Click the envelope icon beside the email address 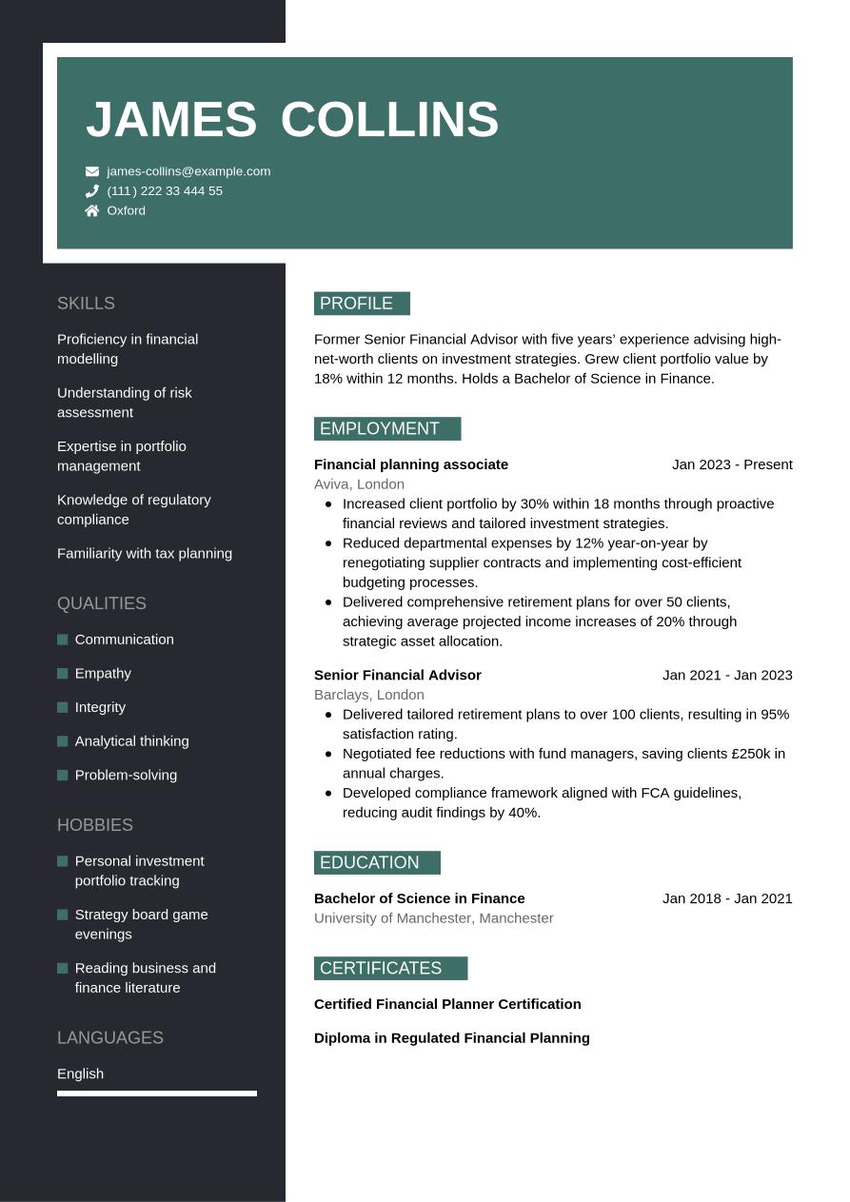click(x=92, y=171)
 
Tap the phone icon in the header click(x=92, y=191)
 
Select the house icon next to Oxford click(x=92, y=210)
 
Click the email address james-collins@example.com click(x=188, y=171)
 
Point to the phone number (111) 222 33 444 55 click(x=165, y=191)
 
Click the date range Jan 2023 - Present click(x=732, y=464)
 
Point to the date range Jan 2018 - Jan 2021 click(x=727, y=898)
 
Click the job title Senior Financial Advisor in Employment click(x=398, y=675)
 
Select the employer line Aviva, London click(x=359, y=484)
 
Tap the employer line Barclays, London click(x=369, y=695)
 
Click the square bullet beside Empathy click(x=63, y=674)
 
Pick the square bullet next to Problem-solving click(x=63, y=775)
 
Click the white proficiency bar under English click(x=157, y=1094)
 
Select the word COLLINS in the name click(x=389, y=120)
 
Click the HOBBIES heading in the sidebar click(x=95, y=825)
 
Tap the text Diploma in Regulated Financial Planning click(x=452, y=1038)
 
